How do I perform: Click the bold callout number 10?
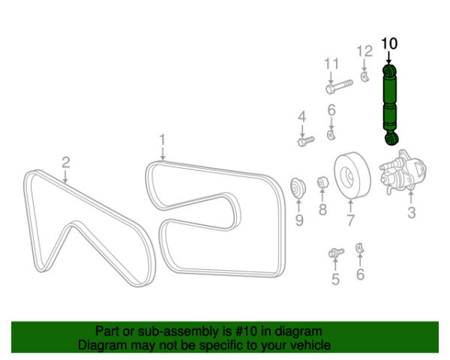389,43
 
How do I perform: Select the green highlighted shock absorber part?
390,105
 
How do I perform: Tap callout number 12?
364,52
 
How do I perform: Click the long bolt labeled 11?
339,86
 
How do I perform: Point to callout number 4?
302,117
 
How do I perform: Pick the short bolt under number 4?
306,141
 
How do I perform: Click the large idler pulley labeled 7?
352,175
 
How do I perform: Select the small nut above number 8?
322,182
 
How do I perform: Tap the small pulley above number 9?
298,188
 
